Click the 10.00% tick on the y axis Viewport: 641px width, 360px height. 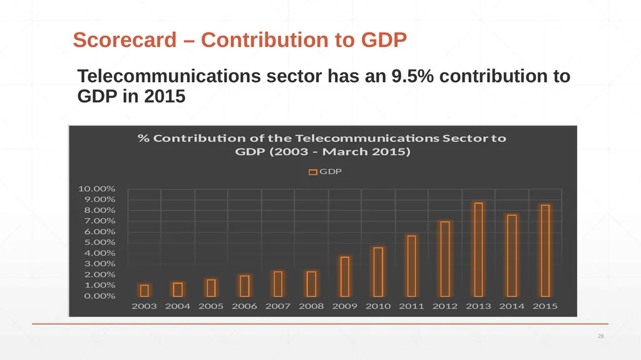click(x=97, y=188)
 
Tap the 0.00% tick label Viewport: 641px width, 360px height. click(x=100, y=296)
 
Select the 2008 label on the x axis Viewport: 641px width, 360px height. click(x=311, y=306)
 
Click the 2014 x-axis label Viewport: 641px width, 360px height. click(x=511, y=306)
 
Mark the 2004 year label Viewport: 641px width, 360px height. click(x=177, y=306)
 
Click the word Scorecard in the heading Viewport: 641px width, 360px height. click(x=125, y=40)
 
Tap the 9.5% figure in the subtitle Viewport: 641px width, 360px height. click(x=412, y=76)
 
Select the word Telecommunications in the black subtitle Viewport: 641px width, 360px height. click(x=169, y=76)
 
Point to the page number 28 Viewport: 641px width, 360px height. click(x=600, y=336)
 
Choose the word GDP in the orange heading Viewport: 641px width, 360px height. click(x=384, y=40)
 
